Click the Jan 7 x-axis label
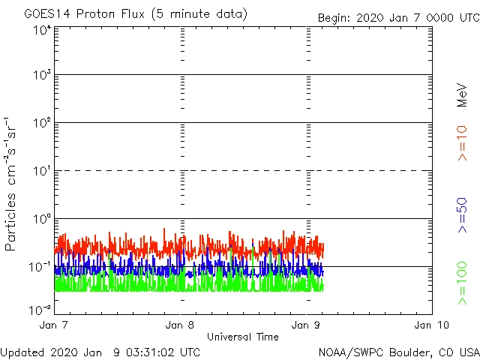point(55,325)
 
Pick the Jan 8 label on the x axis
point(181,325)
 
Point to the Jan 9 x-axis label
point(307,325)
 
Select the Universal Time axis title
point(243,337)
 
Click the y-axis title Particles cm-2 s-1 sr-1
point(12,182)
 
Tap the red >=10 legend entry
point(462,143)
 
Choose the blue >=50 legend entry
point(462,214)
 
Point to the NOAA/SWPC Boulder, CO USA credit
point(398,352)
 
